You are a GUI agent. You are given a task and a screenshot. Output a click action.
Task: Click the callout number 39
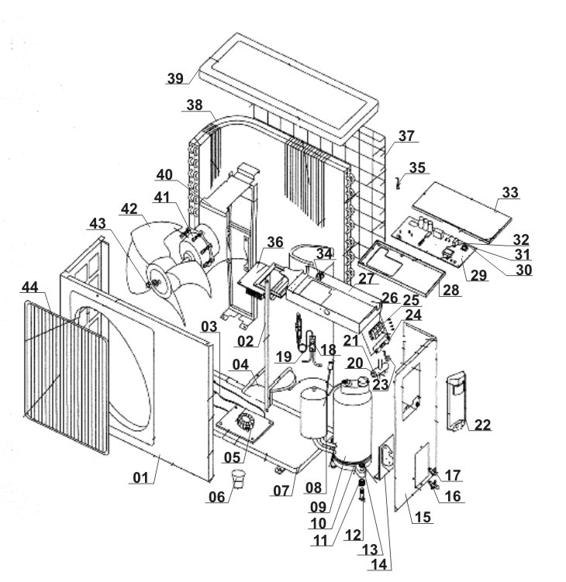[175, 78]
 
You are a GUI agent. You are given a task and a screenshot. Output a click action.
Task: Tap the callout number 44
[30, 287]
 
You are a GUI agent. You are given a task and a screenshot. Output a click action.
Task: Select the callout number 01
[141, 477]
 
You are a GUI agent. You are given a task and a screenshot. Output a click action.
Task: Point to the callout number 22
[482, 425]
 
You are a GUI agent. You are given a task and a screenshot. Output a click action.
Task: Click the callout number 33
[510, 193]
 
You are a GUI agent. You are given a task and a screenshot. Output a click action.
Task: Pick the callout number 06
[217, 497]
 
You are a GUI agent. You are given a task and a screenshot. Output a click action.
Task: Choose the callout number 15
[423, 517]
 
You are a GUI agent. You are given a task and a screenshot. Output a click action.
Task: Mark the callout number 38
[195, 105]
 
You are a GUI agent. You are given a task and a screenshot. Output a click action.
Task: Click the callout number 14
[379, 564]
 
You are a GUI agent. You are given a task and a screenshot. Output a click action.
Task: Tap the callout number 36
[275, 242]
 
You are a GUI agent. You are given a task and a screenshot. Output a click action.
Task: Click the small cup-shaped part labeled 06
[238, 479]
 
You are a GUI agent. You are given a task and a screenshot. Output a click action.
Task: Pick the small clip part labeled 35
[399, 183]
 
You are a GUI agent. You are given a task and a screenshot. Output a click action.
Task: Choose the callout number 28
[451, 290]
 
